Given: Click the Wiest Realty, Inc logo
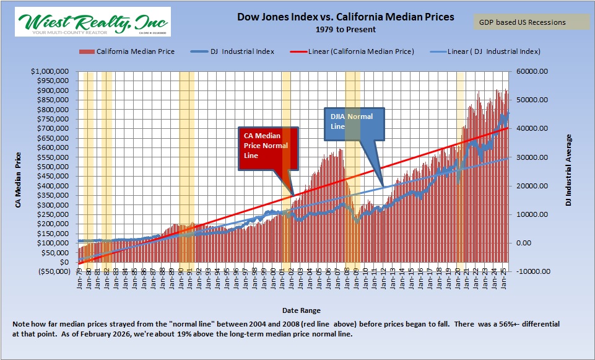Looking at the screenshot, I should tap(92, 22).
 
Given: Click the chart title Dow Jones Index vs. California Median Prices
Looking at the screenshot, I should tap(345, 17).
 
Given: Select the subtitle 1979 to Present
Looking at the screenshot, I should tap(345, 29).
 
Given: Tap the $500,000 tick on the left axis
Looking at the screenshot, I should tap(51, 167).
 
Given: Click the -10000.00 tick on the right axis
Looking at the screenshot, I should tap(532, 271).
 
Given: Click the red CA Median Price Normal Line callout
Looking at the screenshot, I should tap(268, 147).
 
